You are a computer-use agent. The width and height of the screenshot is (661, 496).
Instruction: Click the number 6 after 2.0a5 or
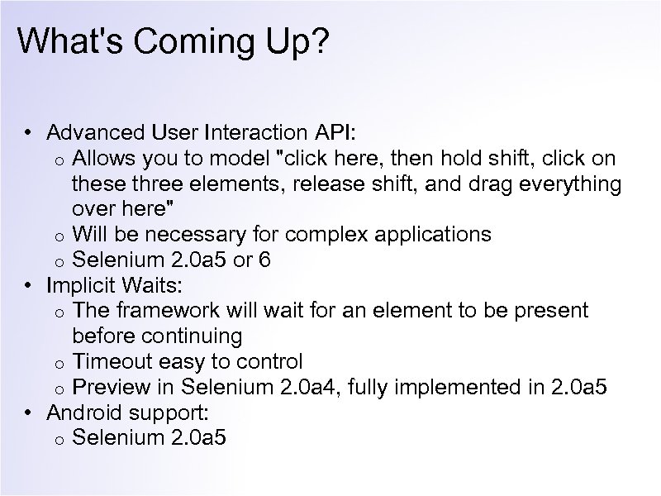(264, 260)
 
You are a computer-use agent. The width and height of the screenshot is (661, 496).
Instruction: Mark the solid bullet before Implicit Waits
(28, 285)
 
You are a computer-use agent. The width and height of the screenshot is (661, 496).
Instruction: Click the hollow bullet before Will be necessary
(59, 236)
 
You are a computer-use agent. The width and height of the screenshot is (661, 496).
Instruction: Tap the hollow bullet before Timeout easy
(59, 363)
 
